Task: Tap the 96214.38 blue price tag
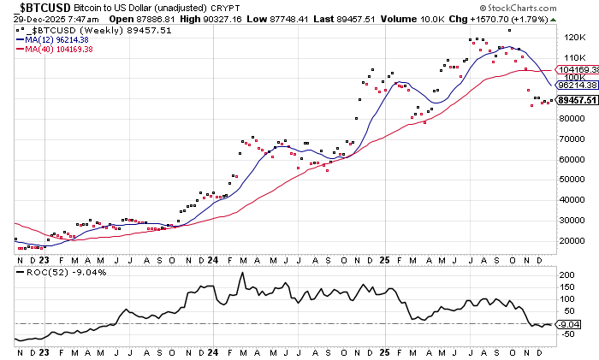click(x=576, y=86)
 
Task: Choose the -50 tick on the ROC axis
click(x=566, y=336)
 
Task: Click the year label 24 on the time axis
click(x=212, y=257)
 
